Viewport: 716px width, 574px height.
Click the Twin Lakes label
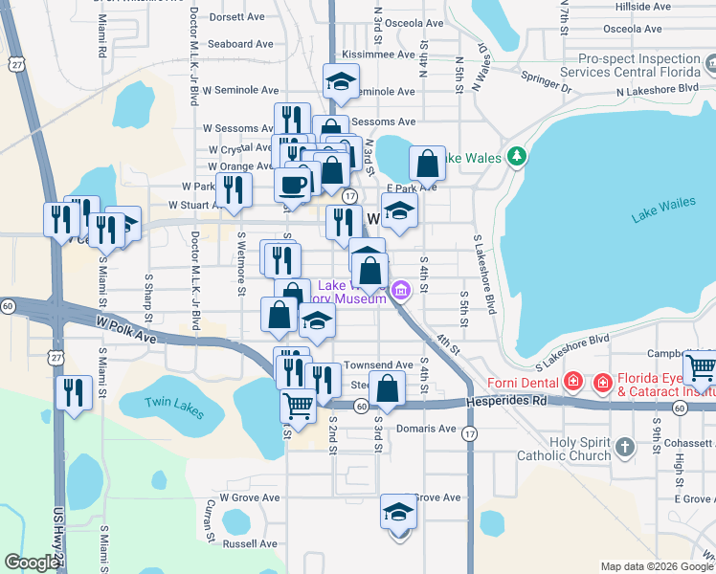(x=174, y=407)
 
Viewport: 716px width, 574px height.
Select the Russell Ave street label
(x=249, y=543)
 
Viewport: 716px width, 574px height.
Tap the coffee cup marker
(x=293, y=184)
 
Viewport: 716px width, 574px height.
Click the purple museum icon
(x=400, y=288)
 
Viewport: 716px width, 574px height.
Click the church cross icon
(x=624, y=447)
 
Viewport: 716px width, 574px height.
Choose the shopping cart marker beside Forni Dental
(x=701, y=367)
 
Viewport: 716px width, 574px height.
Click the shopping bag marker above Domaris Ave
(x=388, y=389)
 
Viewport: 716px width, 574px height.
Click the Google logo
(x=33, y=563)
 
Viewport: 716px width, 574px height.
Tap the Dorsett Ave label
(x=236, y=17)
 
